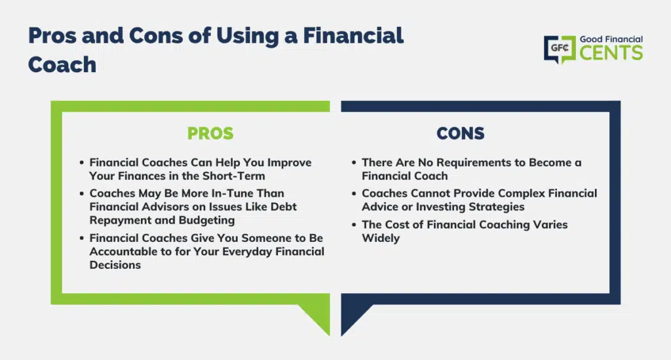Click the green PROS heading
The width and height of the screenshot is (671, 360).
tap(210, 134)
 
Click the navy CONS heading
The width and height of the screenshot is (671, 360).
tap(461, 134)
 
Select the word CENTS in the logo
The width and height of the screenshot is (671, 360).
tap(611, 53)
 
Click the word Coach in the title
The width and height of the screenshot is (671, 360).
tap(62, 65)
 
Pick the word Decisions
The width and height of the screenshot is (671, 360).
tap(115, 265)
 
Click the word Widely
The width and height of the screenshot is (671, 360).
tap(381, 238)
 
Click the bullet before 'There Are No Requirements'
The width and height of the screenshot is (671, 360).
tap(354, 163)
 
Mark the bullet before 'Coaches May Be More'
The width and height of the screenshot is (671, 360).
tap(82, 193)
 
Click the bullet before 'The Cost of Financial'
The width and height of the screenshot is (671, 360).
tap(354, 225)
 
